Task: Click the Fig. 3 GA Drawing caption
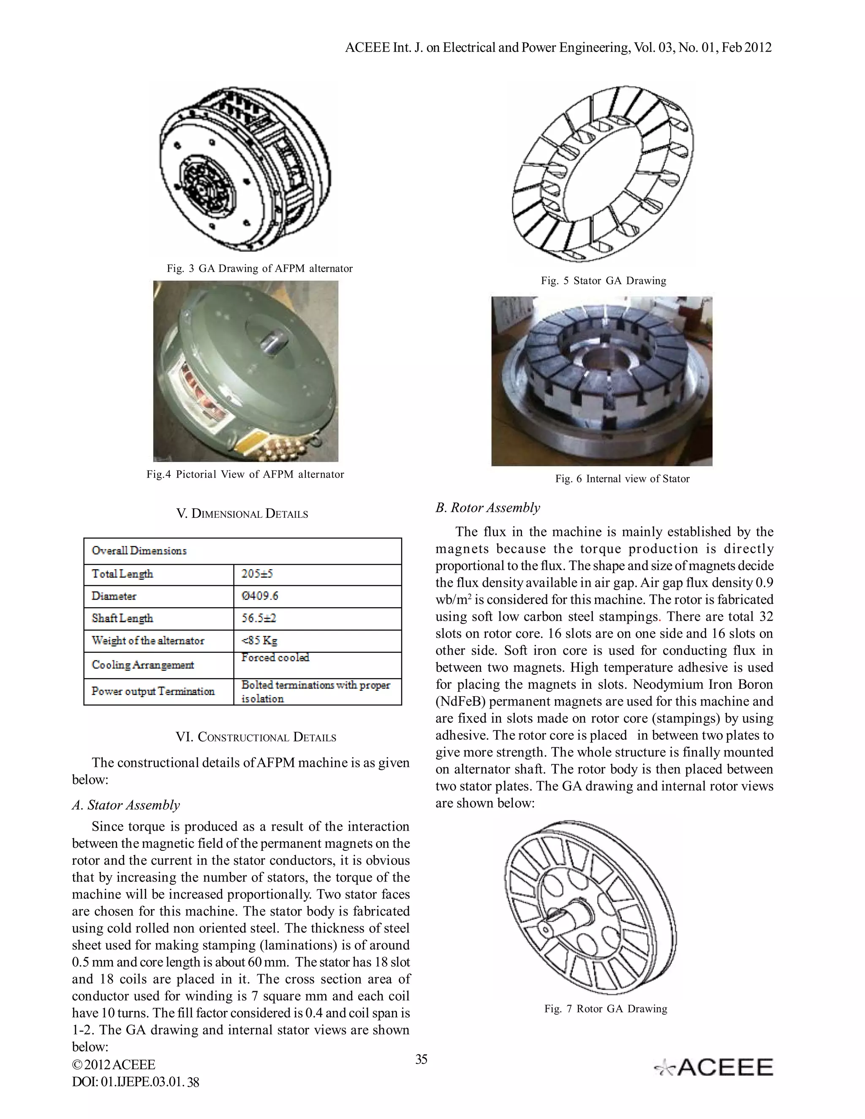[x=259, y=269]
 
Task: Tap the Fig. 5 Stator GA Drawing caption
[x=603, y=281]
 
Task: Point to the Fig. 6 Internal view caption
[x=622, y=478]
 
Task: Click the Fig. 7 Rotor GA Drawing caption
[x=606, y=1009]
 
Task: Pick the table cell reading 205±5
[x=257, y=574]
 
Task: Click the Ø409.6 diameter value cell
[x=260, y=596]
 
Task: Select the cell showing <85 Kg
[x=259, y=641]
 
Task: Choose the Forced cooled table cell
[x=275, y=657]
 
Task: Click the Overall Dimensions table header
[x=139, y=551]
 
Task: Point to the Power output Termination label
[x=153, y=691]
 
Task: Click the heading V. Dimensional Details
[x=242, y=514]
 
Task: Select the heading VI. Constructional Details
[x=256, y=737]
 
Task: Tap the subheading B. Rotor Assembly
[x=487, y=508]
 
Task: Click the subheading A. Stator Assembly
[x=126, y=805]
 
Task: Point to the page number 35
[x=421, y=1059]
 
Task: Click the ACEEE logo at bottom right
[x=713, y=1068]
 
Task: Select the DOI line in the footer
[x=136, y=1082]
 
